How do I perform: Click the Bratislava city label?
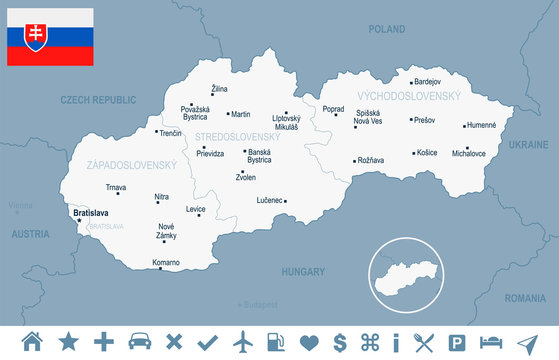[x=90, y=213]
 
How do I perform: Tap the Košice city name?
[x=428, y=153]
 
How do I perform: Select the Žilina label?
[x=219, y=90]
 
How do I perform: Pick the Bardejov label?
[x=427, y=81]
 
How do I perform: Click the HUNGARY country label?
[x=303, y=271]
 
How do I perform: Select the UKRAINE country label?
[x=528, y=145]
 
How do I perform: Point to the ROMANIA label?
[x=525, y=298]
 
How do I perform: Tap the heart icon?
[x=309, y=342]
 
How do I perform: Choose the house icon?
[x=32, y=342]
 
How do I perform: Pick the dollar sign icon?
[x=340, y=342]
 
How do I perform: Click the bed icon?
[x=491, y=342]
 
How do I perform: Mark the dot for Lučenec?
[x=285, y=201]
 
